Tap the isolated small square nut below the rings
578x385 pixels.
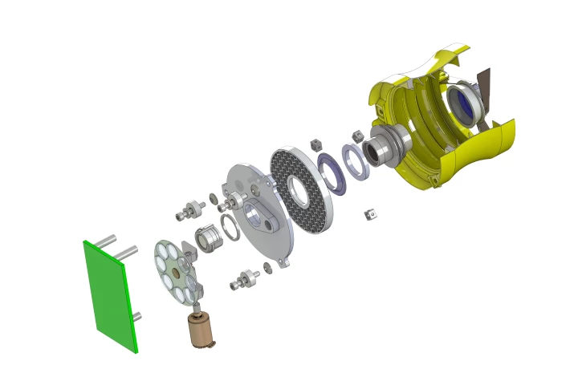tap(371, 214)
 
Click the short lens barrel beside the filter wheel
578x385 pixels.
tap(207, 238)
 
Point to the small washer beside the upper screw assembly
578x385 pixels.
tap(212, 198)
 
